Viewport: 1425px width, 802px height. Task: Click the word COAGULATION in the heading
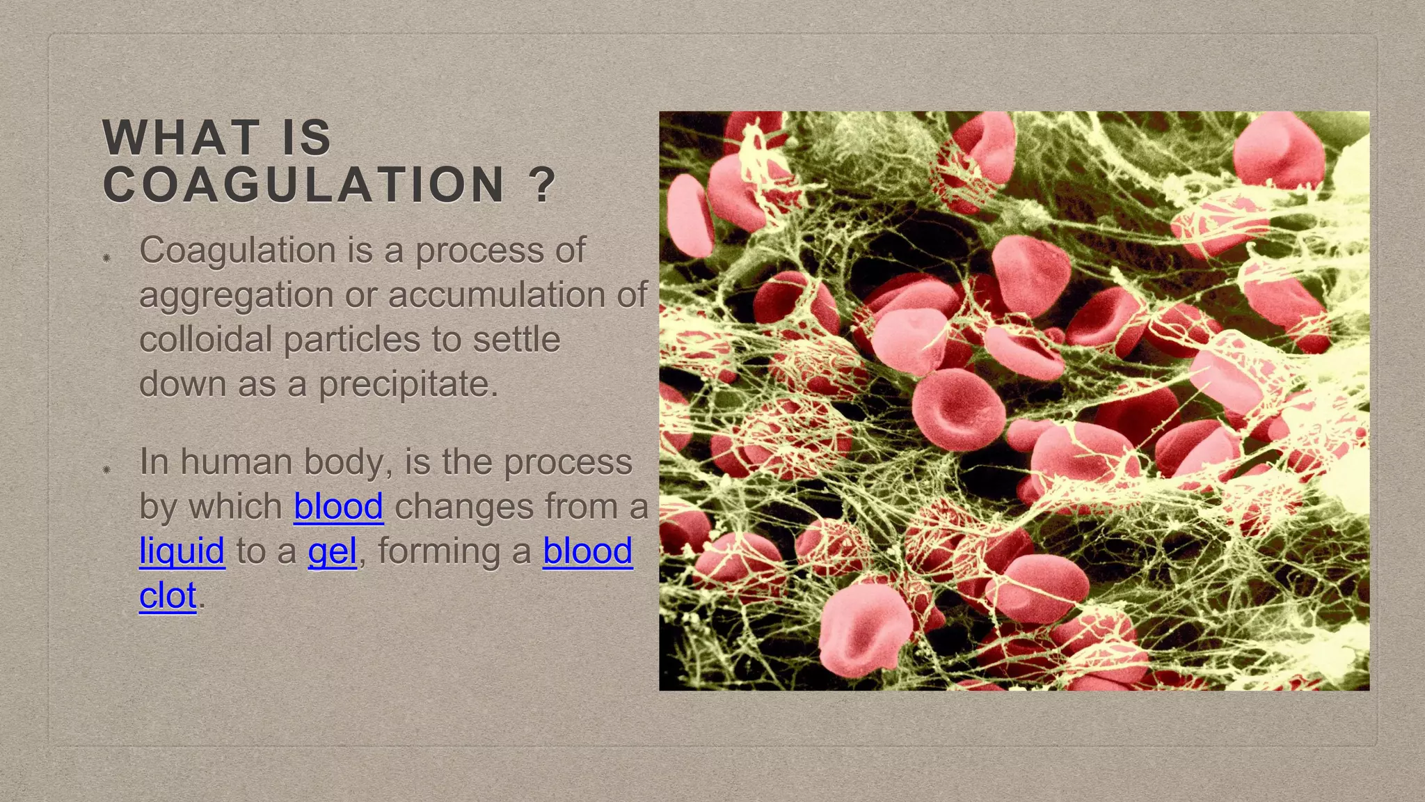(x=303, y=185)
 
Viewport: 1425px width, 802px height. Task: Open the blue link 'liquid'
(x=182, y=551)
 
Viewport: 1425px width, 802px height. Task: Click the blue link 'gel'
(x=332, y=551)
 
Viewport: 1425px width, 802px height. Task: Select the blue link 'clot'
(x=168, y=596)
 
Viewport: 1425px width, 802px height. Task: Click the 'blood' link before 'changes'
(x=338, y=506)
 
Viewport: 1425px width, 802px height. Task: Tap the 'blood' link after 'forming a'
(x=587, y=551)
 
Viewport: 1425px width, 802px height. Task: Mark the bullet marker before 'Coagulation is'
(x=106, y=258)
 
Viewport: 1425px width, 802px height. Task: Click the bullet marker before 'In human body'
(x=106, y=470)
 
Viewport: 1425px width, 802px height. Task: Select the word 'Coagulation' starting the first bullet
(x=237, y=251)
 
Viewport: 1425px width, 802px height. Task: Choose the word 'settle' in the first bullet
(x=516, y=340)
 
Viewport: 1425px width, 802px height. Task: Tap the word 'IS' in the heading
(x=307, y=138)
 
